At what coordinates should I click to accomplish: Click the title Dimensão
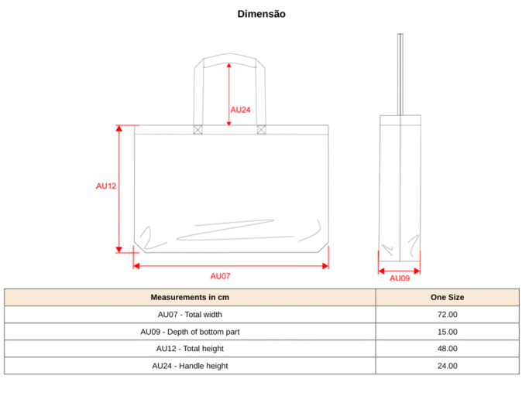click(262, 14)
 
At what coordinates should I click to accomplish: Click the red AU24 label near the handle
click(240, 110)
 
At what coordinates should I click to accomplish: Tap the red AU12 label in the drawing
click(106, 186)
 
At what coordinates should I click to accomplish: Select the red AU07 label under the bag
click(220, 276)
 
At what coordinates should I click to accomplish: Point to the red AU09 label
click(400, 278)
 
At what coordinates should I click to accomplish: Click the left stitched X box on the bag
click(198, 130)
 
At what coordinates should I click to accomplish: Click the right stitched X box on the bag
click(261, 130)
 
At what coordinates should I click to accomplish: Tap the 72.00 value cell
click(448, 314)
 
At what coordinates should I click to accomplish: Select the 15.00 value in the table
click(448, 332)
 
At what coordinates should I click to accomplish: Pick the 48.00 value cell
click(448, 348)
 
